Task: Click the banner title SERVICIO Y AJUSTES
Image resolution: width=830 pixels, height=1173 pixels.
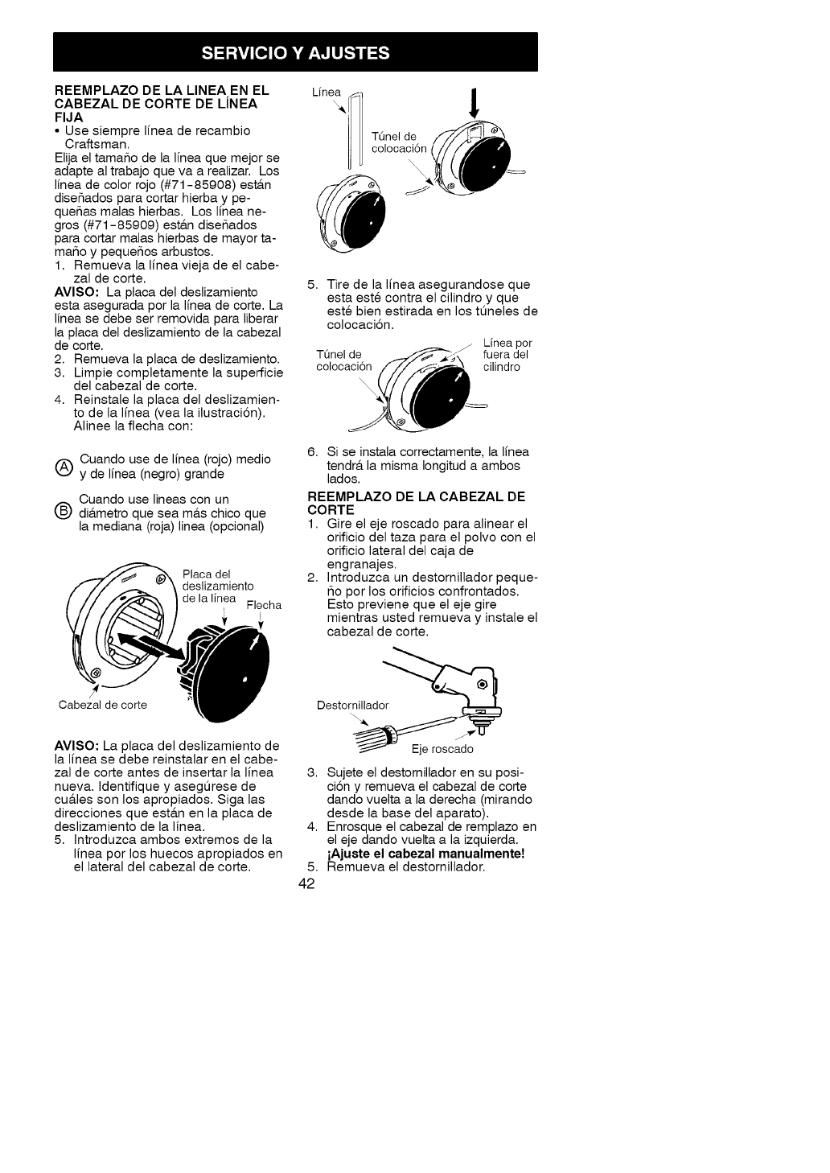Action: click(295, 53)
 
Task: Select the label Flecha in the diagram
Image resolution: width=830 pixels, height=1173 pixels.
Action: click(264, 605)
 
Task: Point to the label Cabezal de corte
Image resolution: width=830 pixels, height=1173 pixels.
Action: click(103, 706)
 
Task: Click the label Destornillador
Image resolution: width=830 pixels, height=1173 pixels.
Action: click(352, 706)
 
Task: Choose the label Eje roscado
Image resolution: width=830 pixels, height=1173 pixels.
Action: click(442, 749)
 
